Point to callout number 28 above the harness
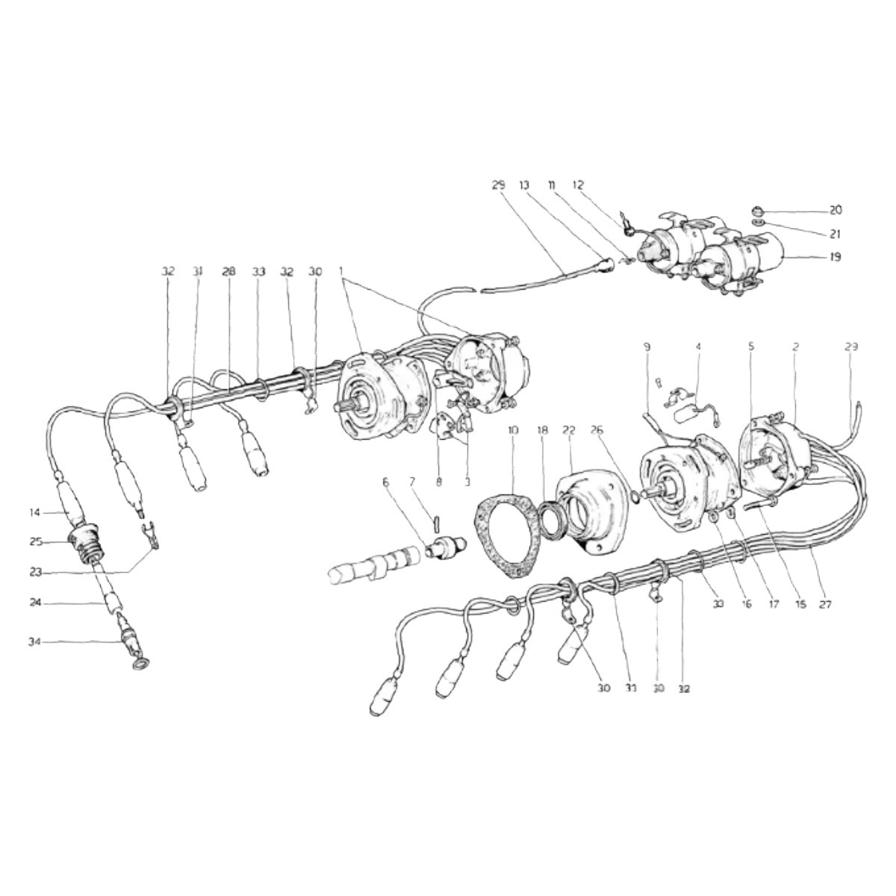tap(228, 273)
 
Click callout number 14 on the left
tap(34, 512)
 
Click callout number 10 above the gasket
tap(512, 431)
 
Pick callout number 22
tap(569, 431)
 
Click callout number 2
tap(796, 347)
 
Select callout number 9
tap(647, 347)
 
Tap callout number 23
tap(34, 573)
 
